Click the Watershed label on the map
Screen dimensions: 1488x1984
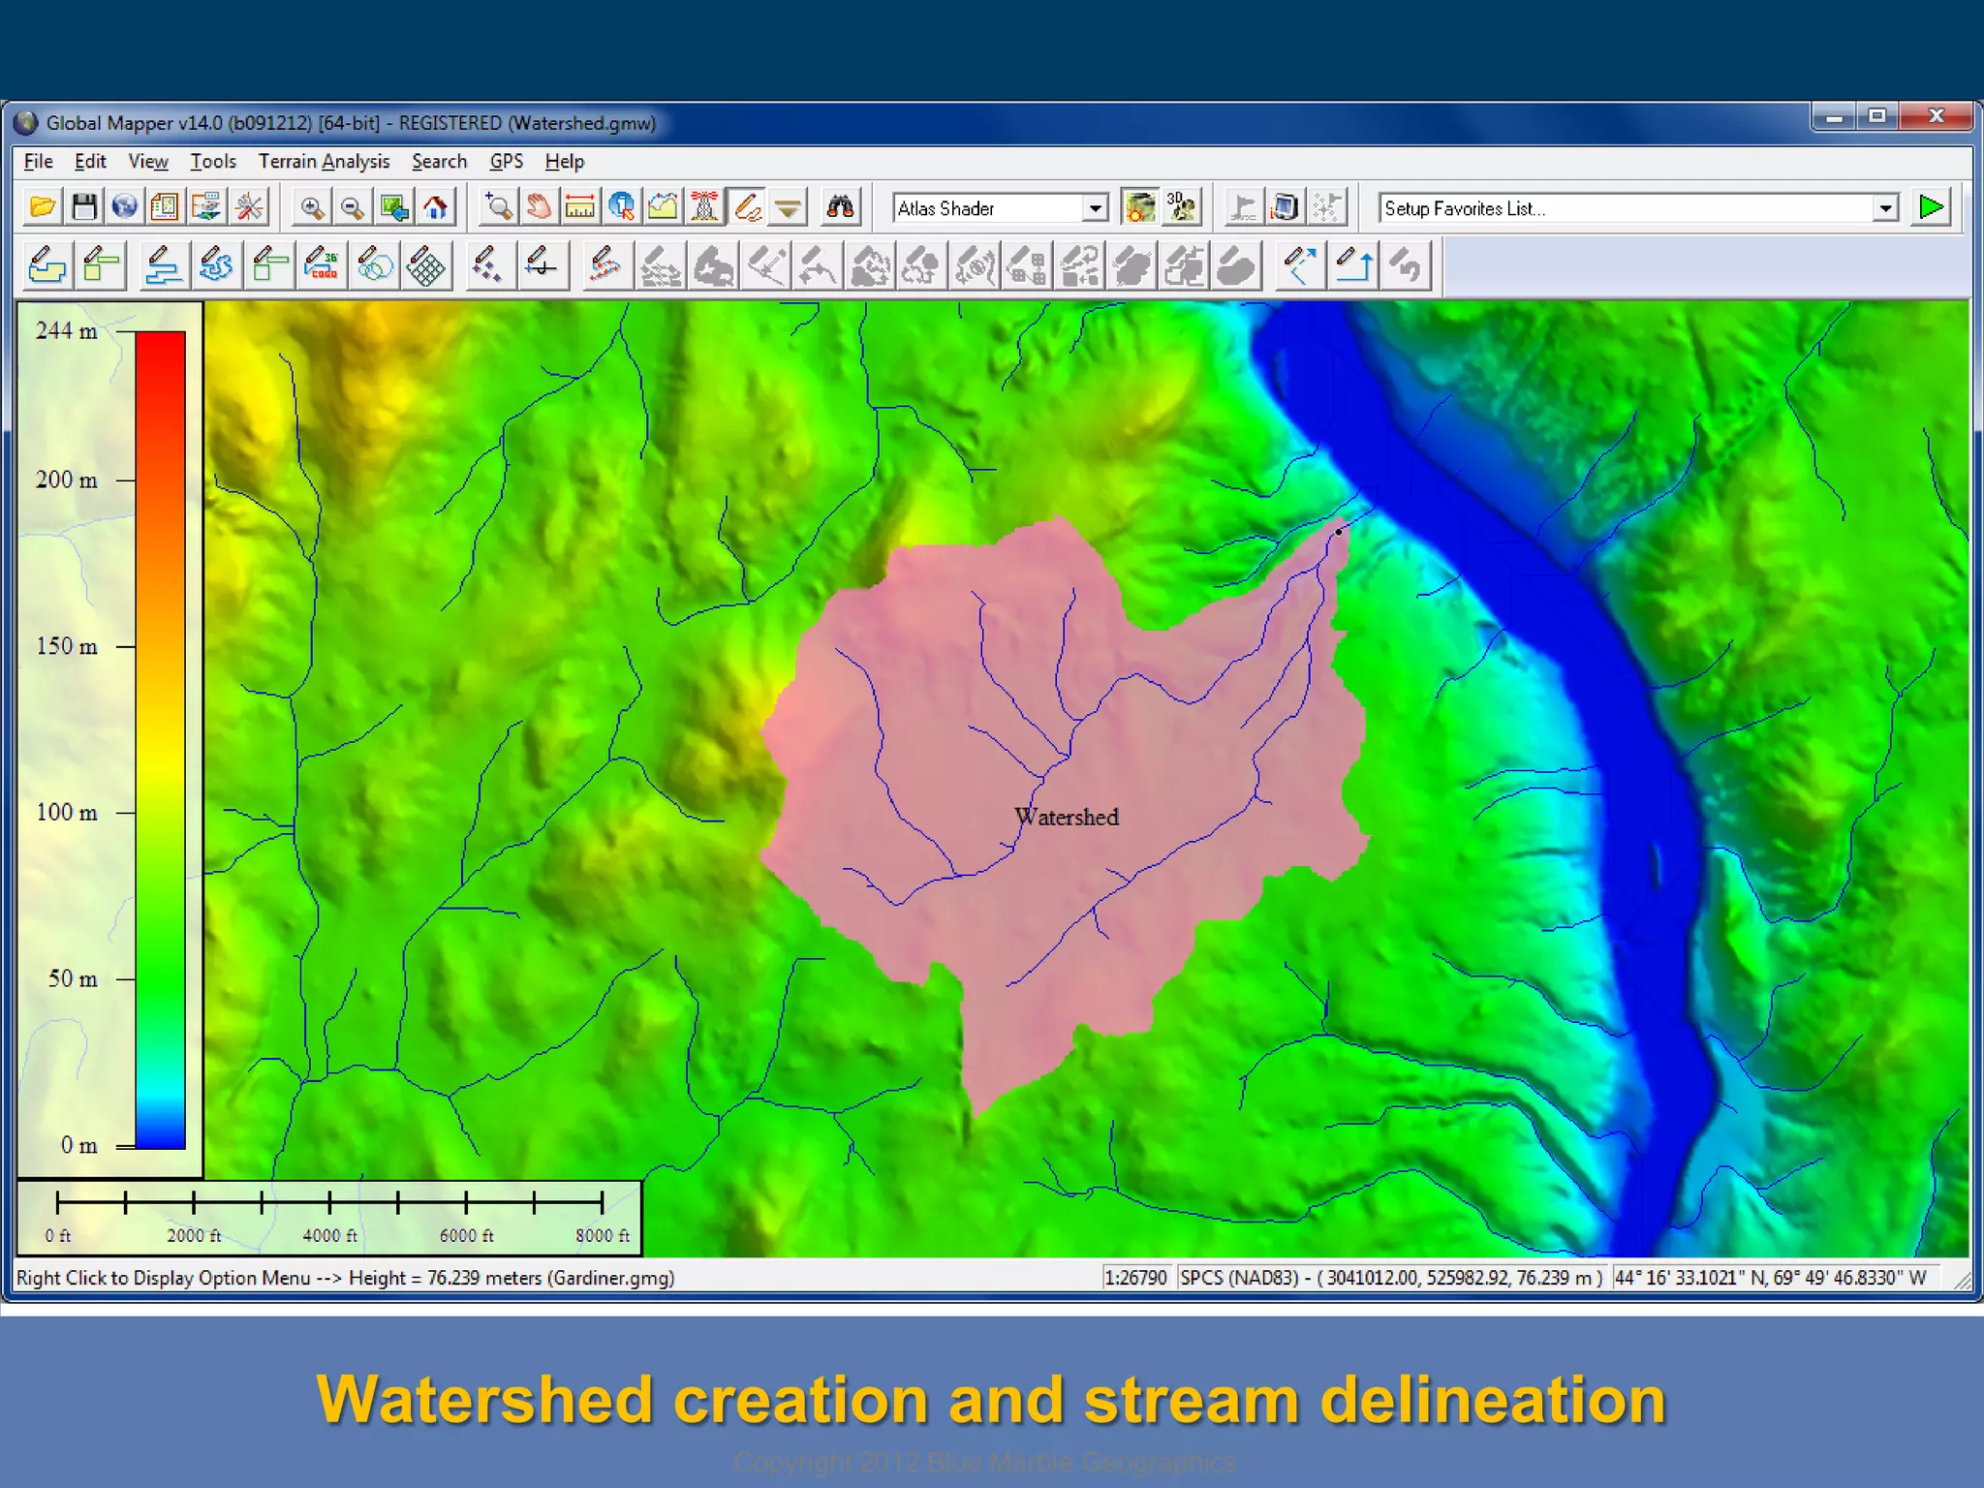point(1067,818)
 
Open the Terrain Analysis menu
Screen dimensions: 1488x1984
point(324,162)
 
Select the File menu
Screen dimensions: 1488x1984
point(38,162)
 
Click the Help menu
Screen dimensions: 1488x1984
point(564,162)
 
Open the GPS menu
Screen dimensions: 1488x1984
point(506,162)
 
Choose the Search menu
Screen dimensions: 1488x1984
point(439,162)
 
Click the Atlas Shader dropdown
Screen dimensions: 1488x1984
point(999,208)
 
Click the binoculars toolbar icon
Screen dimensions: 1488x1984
point(840,207)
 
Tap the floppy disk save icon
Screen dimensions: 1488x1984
point(84,207)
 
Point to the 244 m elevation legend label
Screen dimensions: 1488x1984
point(67,331)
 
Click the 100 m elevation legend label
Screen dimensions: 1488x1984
point(67,813)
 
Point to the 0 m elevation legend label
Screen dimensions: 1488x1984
point(78,1146)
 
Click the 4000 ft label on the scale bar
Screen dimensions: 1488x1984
point(329,1236)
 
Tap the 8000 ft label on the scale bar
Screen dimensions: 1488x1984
point(602,1236)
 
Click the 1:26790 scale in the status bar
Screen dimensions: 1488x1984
point(1135,1278)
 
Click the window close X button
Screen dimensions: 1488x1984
point(1936,116)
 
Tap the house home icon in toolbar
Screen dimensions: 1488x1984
point(436,207)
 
